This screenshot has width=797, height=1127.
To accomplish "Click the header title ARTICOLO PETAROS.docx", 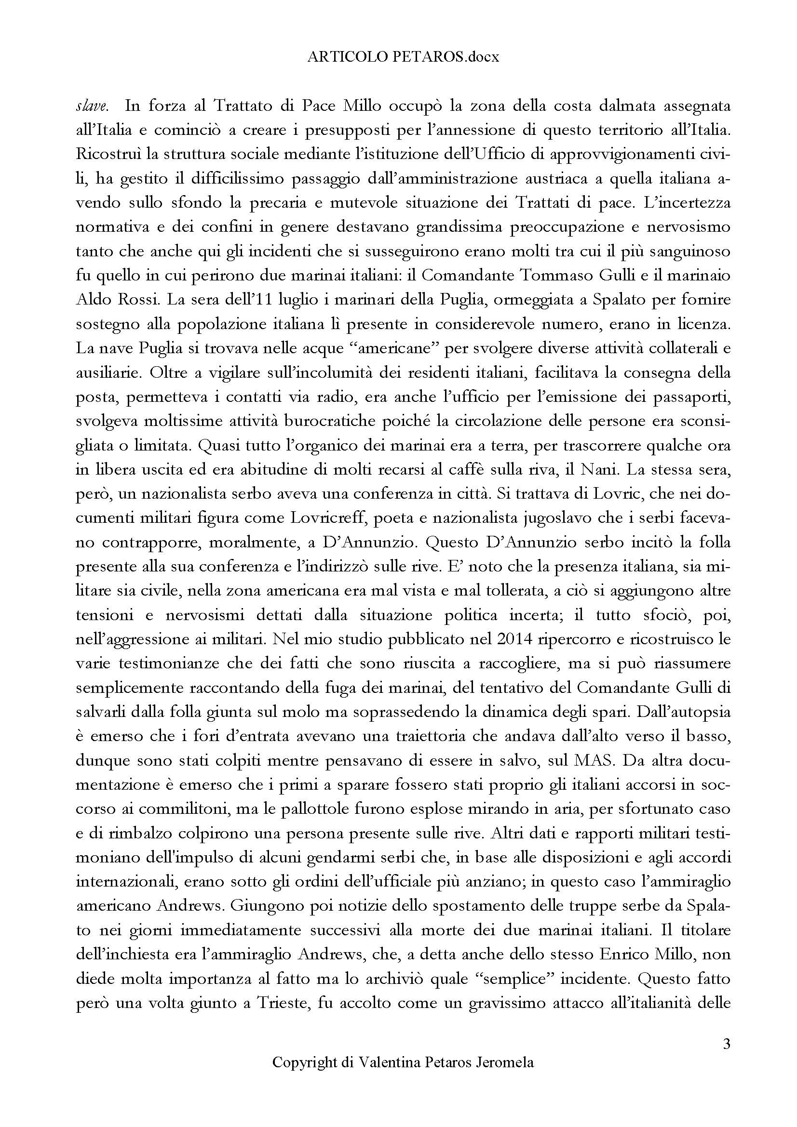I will (403, 57).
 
